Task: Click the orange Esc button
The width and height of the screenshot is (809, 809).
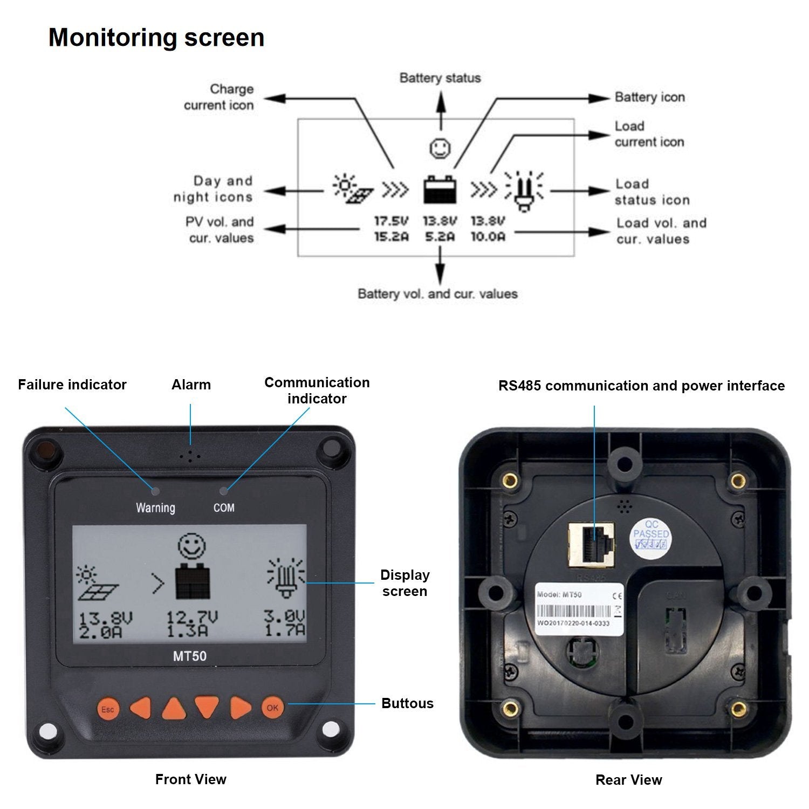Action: coord(107,709)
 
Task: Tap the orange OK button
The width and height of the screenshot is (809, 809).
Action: coord(272,707)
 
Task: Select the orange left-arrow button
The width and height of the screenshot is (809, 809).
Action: coord(141,708)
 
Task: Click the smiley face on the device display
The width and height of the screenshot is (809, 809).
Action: coord(192,546)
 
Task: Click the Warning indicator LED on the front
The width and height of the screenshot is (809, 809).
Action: coord(155,491)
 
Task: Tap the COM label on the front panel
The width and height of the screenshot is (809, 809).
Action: coord(224,508)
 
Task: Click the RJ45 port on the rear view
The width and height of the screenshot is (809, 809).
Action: coord(592,544)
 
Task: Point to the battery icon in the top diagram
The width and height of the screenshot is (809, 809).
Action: coord(440,189)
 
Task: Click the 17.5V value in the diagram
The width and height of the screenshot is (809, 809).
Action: coord(392,221)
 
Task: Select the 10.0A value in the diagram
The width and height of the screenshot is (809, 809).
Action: coord(488,237)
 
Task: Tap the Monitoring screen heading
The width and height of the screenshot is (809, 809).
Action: coord(156,38)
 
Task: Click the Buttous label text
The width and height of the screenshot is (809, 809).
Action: coord(407,703)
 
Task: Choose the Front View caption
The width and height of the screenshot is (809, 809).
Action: coord(190,779)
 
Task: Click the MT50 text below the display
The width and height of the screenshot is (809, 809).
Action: coord(189,656)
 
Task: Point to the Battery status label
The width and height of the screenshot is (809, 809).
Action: coord(440,78)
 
